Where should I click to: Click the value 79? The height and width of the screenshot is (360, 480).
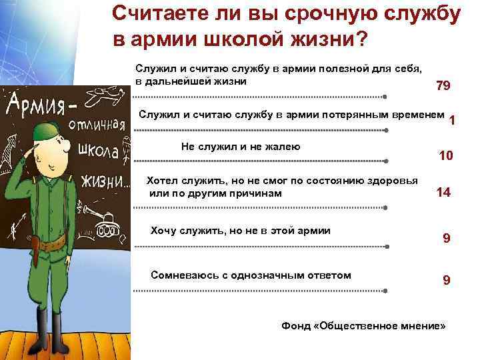pos(443,86)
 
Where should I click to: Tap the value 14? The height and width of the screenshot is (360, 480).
pos(443,193)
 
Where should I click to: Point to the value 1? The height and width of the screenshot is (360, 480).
pos(453,121)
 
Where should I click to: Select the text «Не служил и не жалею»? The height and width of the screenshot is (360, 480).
pos(241,147)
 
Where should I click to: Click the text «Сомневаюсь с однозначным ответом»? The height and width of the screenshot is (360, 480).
pos(251,275)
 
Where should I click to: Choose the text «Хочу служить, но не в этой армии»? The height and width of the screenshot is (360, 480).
pos(241,231)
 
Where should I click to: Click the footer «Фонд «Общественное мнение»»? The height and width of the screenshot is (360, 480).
pos(363,327)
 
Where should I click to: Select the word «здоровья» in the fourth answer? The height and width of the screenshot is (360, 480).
pos(393,181)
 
